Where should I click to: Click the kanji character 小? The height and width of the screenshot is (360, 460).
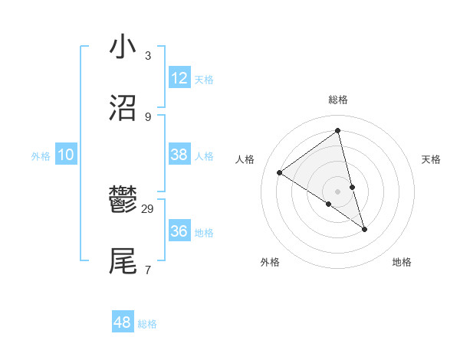(x=123, y=47)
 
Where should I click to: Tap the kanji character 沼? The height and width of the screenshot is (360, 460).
(x=123, y=107)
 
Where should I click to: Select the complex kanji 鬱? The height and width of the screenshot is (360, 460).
(x=123, y=201)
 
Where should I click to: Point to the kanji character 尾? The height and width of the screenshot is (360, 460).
(x=123, y=261)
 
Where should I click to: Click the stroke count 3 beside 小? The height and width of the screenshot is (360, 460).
(x=148, y=56)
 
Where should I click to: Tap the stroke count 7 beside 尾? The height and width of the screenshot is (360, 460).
(x=148, y=270)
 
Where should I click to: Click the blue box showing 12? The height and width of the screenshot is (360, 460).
(x=179, y=78)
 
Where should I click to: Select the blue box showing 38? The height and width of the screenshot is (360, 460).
(x=179, y=155)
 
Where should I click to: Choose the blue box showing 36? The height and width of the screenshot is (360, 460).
(x=179, y=231)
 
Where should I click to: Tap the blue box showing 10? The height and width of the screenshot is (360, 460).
(x=66, y=155)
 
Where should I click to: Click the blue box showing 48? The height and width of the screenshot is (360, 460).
(x=123, y=322)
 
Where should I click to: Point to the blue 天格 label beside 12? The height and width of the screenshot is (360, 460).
(x=204, y=80)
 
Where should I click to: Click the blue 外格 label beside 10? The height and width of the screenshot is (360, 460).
(x=41, y=156)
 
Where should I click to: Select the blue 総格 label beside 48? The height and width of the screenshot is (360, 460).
(x=147, y=324)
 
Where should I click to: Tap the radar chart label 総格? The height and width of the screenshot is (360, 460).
(x=338, y=100)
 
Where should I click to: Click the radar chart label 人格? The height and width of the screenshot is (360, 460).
(x=245, y=159)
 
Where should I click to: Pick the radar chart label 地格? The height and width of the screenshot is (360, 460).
(x=402, y=262)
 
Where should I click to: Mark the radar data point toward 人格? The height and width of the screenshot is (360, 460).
(x=279, y=172)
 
